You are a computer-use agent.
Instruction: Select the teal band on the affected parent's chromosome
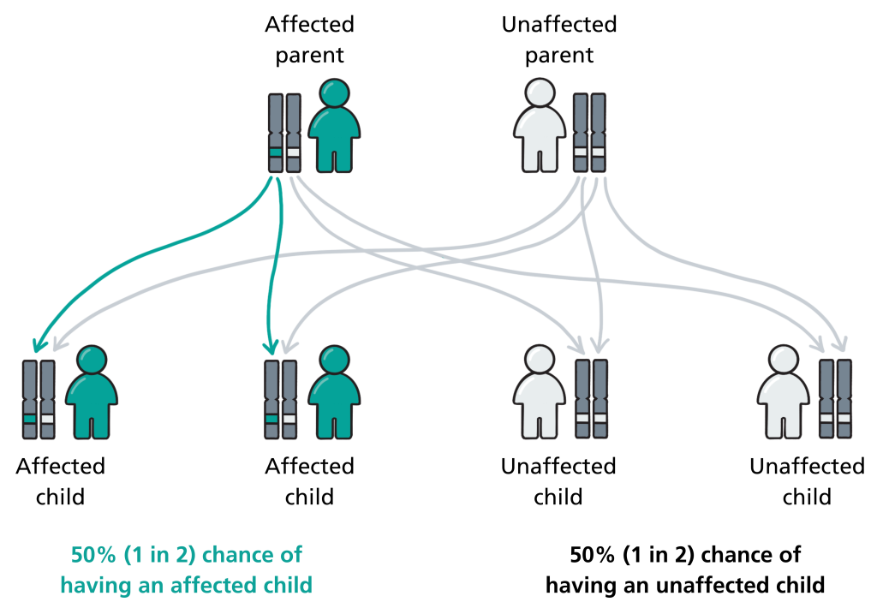coord(275,152)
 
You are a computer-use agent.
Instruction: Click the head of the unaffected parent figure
coord(540,92)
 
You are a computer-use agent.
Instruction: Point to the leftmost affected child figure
coord(92,392)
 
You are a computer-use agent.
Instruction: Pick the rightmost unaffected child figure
coord(783,392)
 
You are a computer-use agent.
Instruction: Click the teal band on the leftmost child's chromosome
coord(30,419)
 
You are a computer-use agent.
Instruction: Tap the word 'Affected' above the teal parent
coord(309,25)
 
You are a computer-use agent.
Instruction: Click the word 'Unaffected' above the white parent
coord(558,25)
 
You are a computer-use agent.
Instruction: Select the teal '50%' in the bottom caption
coord(92,555)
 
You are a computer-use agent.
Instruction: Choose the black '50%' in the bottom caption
coord(592,555)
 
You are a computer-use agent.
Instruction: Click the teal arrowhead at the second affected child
coord(271,348)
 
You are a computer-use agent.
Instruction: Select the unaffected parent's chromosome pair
coord(589,133)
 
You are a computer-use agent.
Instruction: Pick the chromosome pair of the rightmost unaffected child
coord(835,399)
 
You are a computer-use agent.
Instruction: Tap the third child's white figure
coord(540,392)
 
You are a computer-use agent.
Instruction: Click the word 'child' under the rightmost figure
coord(807,497)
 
